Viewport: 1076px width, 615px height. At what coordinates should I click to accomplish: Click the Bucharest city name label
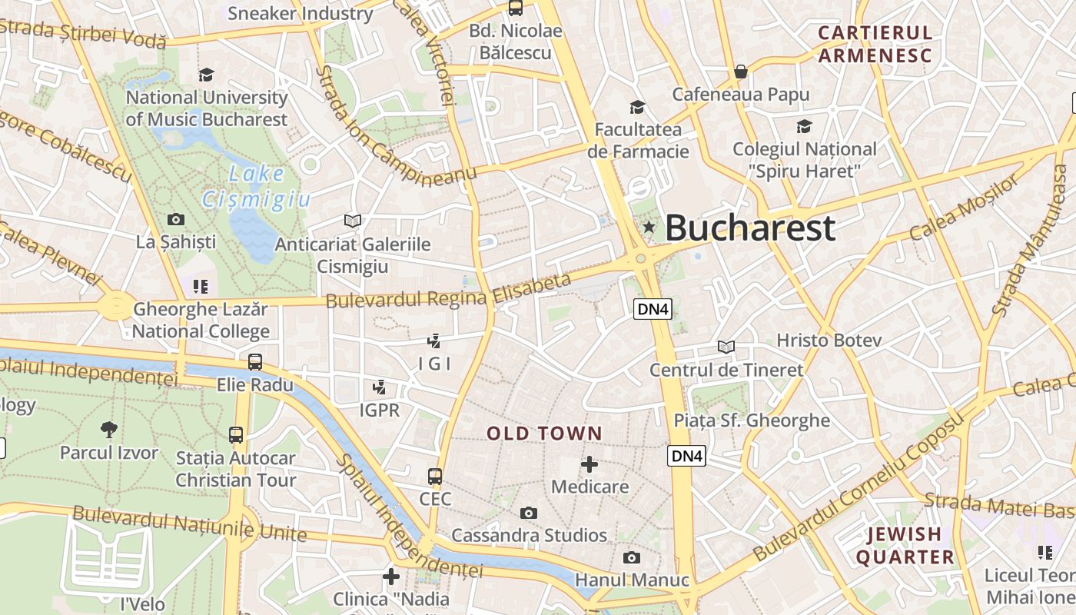pos(749,228)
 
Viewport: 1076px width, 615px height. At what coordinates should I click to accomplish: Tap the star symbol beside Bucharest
pos(649,227)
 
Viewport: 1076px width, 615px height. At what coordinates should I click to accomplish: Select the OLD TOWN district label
pos(544,434)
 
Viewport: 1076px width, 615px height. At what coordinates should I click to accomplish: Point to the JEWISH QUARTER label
pos(905,545)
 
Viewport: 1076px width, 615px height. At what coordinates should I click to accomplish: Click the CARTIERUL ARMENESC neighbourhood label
pos(875,44)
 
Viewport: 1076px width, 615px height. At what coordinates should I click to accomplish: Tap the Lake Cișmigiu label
pos(256,187)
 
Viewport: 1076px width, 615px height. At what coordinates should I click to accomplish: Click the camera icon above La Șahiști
pos(176,220)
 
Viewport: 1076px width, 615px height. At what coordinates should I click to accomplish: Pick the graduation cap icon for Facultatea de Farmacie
pos(637,107)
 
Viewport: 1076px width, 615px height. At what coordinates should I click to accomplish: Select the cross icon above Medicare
pos(589,464)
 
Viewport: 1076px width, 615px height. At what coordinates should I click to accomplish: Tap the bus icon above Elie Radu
pos(255,361)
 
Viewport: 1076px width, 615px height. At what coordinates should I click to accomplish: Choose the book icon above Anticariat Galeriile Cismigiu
pos(353,221)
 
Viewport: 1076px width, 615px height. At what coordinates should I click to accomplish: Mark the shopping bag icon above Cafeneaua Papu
pos(741,71)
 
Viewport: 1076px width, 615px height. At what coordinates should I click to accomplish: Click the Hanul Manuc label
pos(632,580)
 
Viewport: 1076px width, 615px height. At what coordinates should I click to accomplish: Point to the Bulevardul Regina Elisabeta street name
pos(449,291)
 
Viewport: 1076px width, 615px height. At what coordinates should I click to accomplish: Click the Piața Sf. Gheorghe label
pos(752,421)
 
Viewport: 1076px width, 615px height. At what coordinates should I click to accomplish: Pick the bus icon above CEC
pos(435,477)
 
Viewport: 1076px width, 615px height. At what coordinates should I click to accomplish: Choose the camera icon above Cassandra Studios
pos(529,513)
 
